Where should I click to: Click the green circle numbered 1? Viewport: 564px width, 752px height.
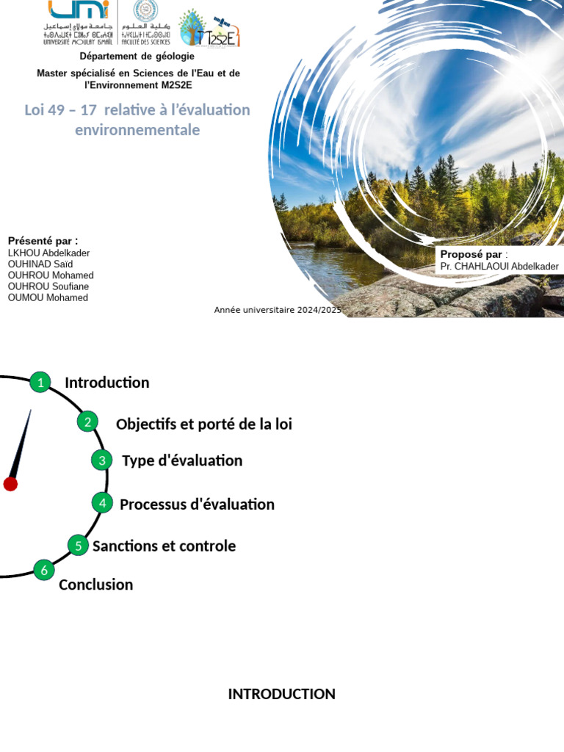40,382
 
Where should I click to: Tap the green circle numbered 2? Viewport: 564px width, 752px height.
87,422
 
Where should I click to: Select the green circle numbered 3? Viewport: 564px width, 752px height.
102,460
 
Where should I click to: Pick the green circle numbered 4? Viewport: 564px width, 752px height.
103,503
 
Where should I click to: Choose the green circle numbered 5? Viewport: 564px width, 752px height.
78,545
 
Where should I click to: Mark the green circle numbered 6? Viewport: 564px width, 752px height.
44,570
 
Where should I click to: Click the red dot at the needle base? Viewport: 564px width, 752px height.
10,483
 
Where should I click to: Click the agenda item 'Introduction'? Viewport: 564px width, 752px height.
106,383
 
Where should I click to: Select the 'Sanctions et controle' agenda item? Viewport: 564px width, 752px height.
164,546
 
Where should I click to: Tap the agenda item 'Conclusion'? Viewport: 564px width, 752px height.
95,585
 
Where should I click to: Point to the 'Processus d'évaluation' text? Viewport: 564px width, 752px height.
197,505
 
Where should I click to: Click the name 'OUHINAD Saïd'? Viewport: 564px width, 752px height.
40,264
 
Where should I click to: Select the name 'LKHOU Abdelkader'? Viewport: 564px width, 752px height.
48,253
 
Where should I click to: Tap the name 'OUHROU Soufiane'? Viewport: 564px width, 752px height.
48,286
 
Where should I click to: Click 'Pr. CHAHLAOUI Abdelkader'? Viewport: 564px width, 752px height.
499,267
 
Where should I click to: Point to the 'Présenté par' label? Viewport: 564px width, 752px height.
43,241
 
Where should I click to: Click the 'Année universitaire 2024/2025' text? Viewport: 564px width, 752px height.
278,310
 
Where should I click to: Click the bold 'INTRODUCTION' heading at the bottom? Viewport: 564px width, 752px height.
281,694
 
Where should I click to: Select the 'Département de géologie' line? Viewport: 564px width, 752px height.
137,57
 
